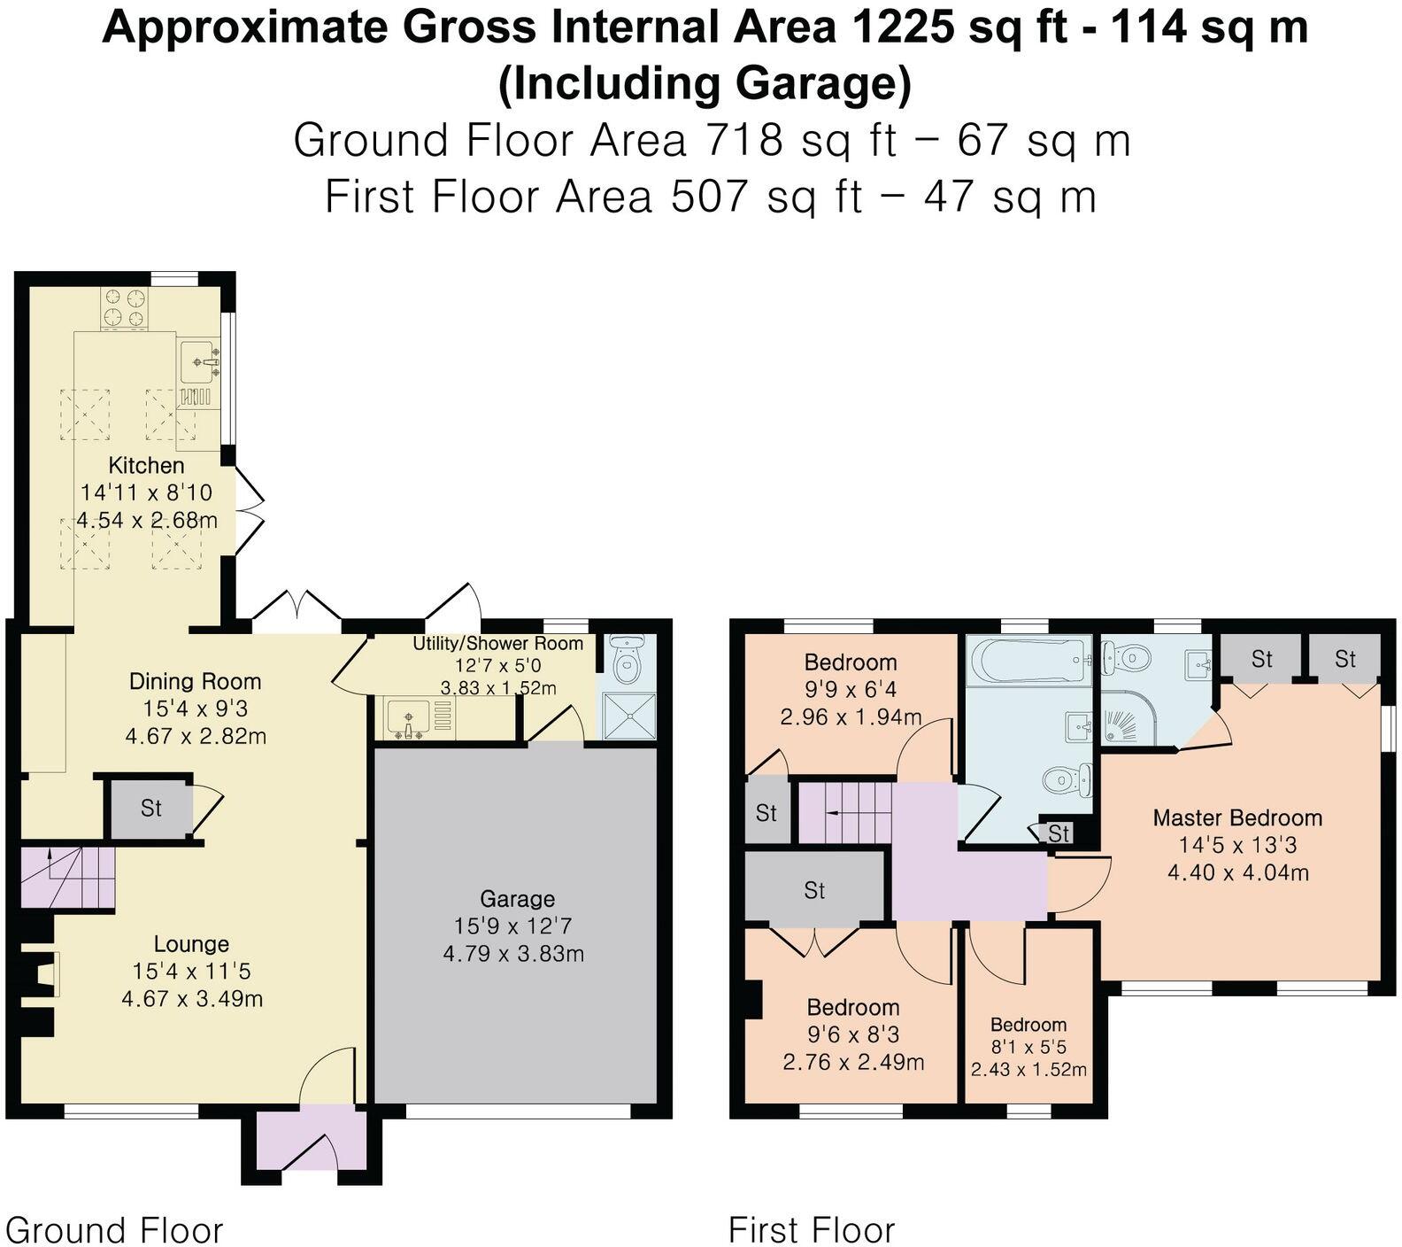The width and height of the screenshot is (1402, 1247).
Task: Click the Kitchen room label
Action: [x=146, y=465]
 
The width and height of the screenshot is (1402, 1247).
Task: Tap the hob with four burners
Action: [x=124, y=307]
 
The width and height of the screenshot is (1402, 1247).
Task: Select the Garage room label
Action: [x=517, y=899]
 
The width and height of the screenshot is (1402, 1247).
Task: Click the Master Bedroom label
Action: [x=1236, y=817]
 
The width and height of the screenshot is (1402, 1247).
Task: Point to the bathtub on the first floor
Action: [x=1027, y=661]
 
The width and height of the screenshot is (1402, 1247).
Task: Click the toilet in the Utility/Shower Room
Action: [x=627, y=658]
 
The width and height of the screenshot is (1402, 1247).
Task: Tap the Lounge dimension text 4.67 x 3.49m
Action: [x=192, y=999]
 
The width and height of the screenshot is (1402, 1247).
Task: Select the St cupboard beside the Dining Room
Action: [x=150, y=808]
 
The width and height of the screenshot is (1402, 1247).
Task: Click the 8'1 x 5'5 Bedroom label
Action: [x=1028, y=1025]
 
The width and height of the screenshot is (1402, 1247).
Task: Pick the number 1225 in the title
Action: [x=902, y=27]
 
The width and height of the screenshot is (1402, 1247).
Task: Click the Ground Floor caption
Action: [x=114, y=1230]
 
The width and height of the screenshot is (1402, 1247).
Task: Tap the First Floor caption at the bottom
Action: [x=811, y=1230]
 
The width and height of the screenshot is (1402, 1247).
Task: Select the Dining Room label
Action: [x=195, y=681]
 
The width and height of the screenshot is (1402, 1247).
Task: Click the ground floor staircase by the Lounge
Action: [x=67, y=877]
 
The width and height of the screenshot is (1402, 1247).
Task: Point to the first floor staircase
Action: [x=844, y=811]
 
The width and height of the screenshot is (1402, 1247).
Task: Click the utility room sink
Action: [x=408, y=717]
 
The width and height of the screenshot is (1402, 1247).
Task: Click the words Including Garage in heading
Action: [x=705, y=83]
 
